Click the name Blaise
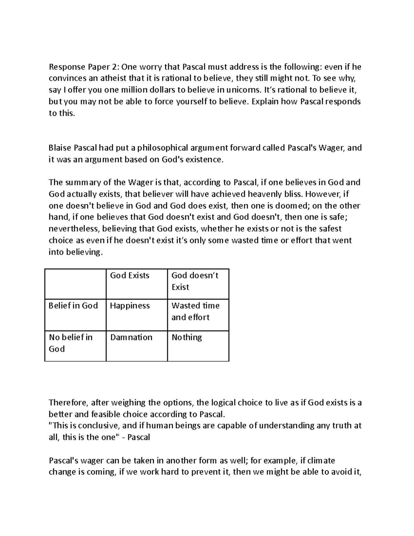pos(60,148)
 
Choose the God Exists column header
pos(130,275)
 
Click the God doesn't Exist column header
pos(195,281)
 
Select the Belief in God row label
pos(73,306)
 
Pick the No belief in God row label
pos(71,343)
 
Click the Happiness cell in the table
pos(130,306)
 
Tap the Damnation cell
pos(131,337)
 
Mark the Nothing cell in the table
pos(187,337)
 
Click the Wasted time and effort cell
pos(195,311)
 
